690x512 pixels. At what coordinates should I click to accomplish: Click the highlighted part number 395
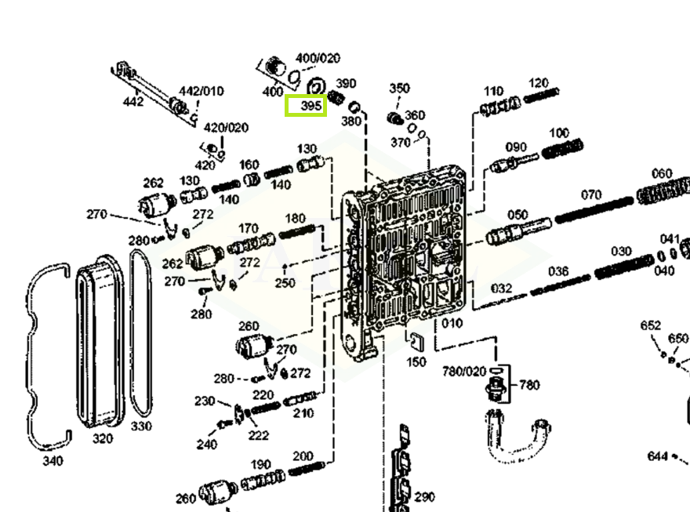(306, 105)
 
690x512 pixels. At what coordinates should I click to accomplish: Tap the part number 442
(133, 102)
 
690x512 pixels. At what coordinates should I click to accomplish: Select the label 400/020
(318, 59)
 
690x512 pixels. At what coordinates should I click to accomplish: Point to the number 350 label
(400, 89)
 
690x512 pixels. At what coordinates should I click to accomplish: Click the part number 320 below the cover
(103, 439)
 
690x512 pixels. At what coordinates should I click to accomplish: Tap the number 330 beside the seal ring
(141, 427)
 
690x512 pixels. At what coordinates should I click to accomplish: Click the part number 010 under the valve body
(452, 323)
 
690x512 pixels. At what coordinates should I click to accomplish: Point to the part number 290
(424, 497)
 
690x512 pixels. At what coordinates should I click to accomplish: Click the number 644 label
(658, 456)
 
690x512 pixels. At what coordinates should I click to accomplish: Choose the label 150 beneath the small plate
(416, 362)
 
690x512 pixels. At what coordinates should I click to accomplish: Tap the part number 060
(662, 173)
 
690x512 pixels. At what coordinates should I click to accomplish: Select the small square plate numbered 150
(416, 341)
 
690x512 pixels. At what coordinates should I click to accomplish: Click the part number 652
(651, 325)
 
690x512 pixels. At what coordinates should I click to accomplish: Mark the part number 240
(207, 445)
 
